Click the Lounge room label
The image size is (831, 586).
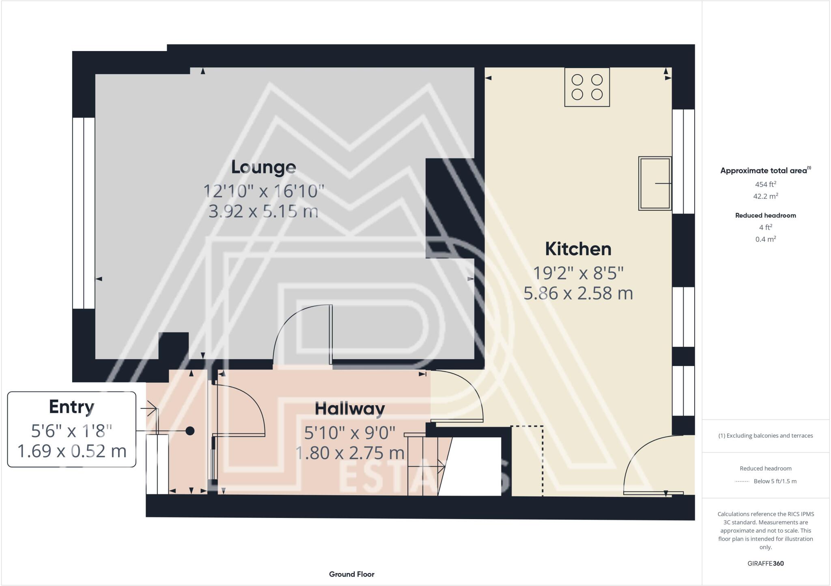[263, 167]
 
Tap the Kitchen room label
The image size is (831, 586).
[578, 249]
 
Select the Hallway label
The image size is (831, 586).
[350, 408]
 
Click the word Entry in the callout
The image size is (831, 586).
[71, 407]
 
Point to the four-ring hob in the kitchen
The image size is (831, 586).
[587, 87]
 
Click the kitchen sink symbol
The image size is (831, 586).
[654, 183]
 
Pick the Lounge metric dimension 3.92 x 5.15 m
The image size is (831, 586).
[263, 211]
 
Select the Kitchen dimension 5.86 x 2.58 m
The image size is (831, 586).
[578, 293]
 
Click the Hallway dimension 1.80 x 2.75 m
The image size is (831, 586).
[350, 453]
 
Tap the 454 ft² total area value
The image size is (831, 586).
[765, 184]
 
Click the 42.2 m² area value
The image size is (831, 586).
[765, 196]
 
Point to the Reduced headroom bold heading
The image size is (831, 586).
[765, 216]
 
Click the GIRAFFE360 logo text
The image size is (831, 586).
[765, 563]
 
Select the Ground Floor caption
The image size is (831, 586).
[351, 574]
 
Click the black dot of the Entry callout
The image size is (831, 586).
[190, 431]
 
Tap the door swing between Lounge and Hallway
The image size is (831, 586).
[302, 334]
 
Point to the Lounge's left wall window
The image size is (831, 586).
[84, 213]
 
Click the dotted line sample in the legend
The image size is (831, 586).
[742, 481]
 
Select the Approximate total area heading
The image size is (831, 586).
[764, 171]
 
